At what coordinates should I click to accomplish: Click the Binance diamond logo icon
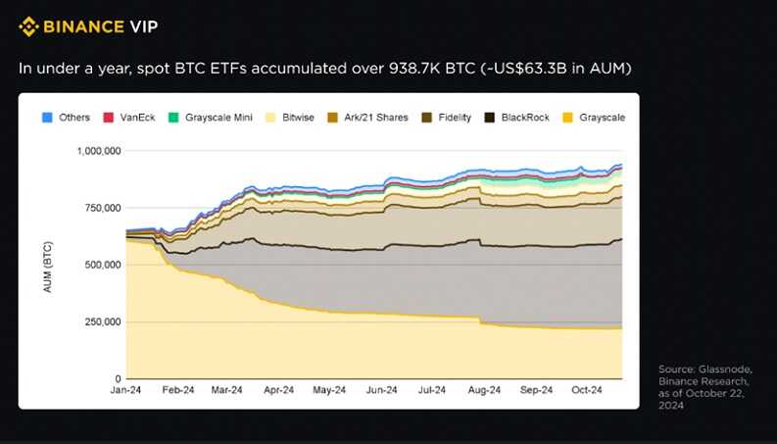(x=28, y=26)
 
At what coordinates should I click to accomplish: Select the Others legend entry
(x=68, y=118)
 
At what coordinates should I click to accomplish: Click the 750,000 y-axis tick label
(x=101, y=208)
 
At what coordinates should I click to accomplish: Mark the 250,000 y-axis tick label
(x=101, y=321)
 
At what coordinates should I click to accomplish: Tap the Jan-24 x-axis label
(x=127, y=390)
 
